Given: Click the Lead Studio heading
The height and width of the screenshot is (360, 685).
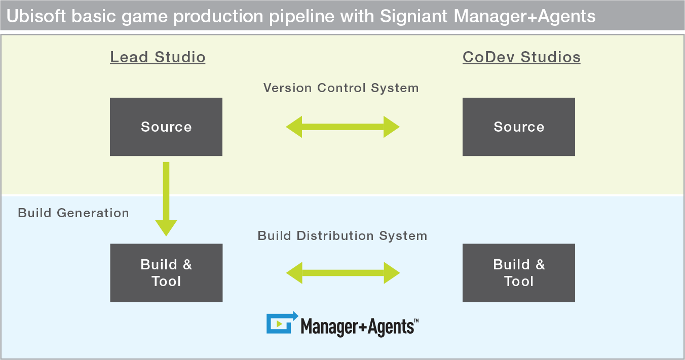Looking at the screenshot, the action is tap(158, 57).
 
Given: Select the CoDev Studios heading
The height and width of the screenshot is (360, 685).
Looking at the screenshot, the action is tap(521, 57).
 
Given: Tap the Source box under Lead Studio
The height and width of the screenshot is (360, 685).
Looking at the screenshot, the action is tap(166, 127).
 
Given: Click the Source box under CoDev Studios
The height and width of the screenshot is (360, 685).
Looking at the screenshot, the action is tap(519, 127).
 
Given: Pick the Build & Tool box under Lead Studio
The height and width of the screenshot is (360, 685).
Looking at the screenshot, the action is tap(166, 273).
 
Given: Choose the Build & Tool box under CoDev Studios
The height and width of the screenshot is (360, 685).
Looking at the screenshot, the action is tap(519, 273).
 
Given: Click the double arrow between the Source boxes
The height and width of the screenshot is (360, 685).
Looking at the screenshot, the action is tap(342, 127).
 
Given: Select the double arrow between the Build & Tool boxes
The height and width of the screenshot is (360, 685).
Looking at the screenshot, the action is tap(343, 273).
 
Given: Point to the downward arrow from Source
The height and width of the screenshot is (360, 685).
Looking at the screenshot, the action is tap(166, 199).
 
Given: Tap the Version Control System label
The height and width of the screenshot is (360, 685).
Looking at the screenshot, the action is tap(341, 88).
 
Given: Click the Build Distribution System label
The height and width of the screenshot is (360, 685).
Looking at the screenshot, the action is tap(342, 236).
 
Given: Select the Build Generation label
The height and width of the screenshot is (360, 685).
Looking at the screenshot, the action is tap(73, 213).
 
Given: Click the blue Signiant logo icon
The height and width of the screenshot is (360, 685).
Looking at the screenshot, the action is tap(282, 323).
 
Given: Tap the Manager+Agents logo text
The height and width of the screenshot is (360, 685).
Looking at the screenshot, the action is tap(360, 327).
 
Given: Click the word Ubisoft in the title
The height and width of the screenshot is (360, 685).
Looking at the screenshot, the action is tap(36, 16).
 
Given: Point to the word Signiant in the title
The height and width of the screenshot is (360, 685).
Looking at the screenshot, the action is tap(414, 17).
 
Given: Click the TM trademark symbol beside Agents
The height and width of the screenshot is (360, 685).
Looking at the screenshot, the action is tap(416, 321).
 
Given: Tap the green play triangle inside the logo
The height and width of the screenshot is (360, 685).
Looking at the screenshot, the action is tap(279, 324).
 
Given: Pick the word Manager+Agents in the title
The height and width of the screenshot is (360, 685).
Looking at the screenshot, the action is tap(524, 17).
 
